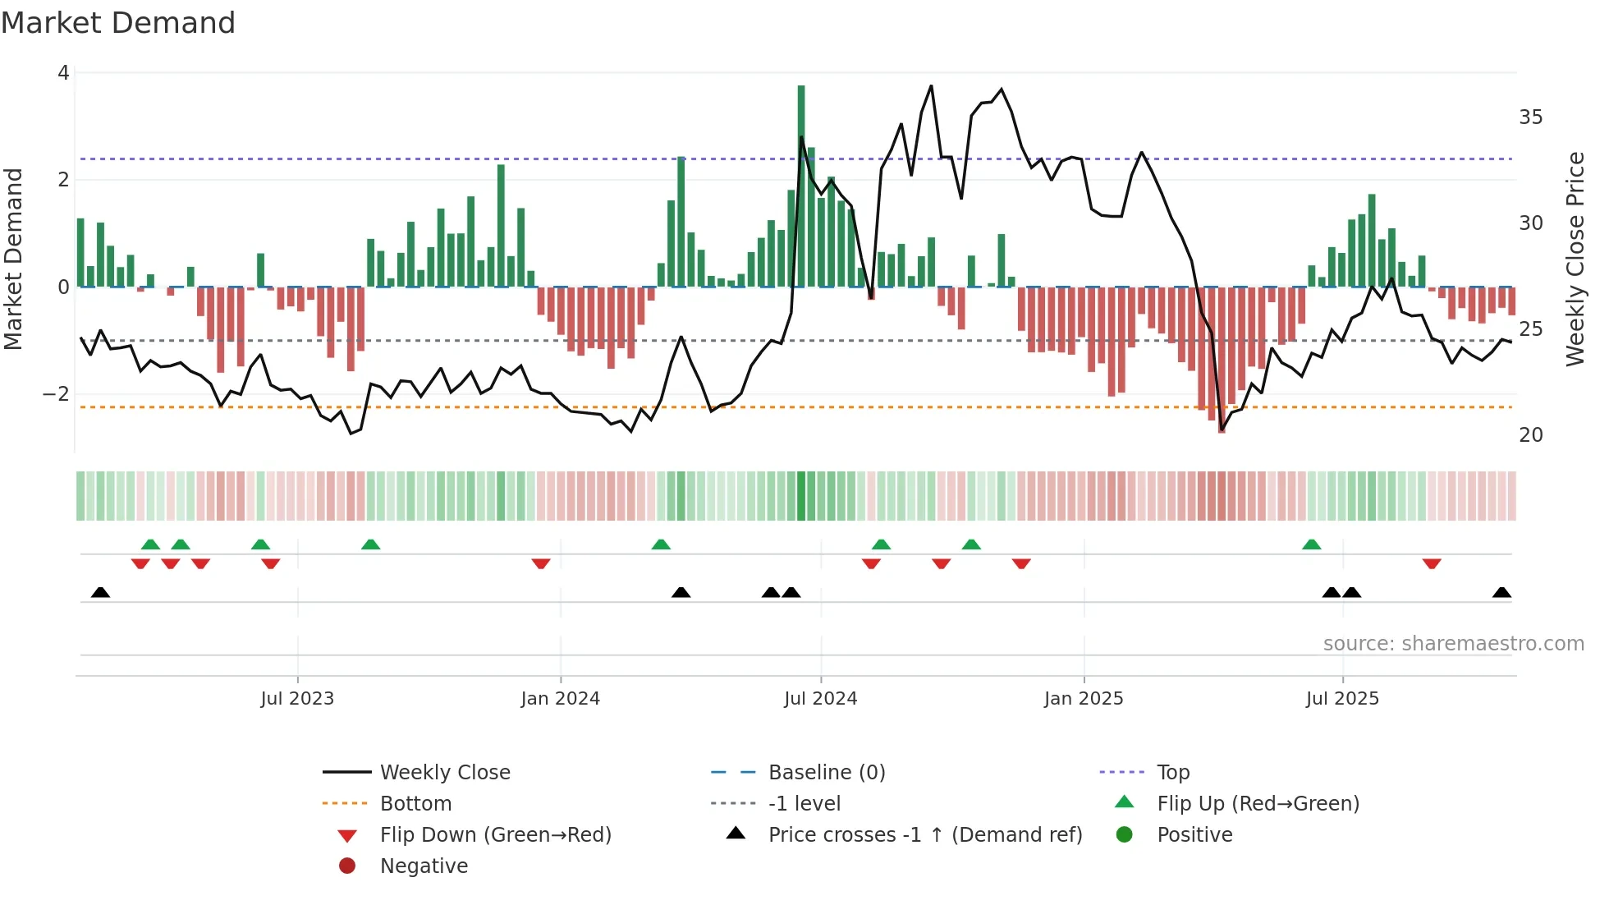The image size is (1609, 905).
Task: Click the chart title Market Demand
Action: pyautogui.click(x=118, y=23)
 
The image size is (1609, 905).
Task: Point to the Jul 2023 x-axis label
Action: pyautogui.click(x=297, y=699)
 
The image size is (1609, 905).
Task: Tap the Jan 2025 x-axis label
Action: pyautogui.click(x=1084, y=699)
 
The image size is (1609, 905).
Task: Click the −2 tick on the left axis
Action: pyautogui.click(x=57, y=394)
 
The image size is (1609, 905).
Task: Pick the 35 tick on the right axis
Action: pyautogui.click(x=1530, y=117)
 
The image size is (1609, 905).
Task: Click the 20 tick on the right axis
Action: pyautogui.click(x=1530, y=435)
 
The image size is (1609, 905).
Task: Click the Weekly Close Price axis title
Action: pyautogui.click(x=1575, y=259)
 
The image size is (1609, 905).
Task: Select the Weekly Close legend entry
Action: pyautogui.click(x=444, y=773)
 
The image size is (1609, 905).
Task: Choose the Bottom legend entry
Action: pyautogui.click(x=415, y=804)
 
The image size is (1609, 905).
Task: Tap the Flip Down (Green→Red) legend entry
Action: pyautogui.click(x=495, y=835)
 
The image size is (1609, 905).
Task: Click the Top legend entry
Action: pyautogui.click(x=1173, y=773)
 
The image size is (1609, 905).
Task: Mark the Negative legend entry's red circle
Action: pyautogui.click(x=347, y=866)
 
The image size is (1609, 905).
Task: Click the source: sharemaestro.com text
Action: pyautogui.click(x=1453, y=644)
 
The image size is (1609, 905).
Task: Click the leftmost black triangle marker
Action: pyautogui.click(x=100, y=593)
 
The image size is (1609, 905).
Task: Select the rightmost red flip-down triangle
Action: pyautogui.click(x=1432, y=564)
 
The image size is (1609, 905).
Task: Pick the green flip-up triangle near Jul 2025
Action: pyautogui.click(x=1312, y=544)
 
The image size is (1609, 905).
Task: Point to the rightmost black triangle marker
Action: pyautogui.click(x=1501, y=593)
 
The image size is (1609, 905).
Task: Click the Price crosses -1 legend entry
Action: pyautogui.click(x=924, y=835)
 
